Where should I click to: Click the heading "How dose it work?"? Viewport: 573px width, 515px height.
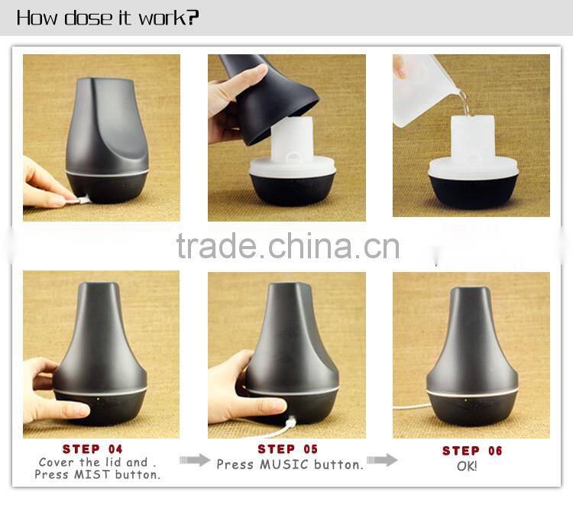(x=107, y=18)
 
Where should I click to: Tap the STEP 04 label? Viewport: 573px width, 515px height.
(x=92, y=449)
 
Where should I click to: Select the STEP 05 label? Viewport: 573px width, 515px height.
(x=287, y=449)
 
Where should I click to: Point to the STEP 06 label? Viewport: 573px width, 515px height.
(x=472, y=451)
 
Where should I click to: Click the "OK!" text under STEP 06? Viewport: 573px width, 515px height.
(x=467, y=465)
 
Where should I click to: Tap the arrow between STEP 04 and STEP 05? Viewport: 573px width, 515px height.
(x=194, y=460)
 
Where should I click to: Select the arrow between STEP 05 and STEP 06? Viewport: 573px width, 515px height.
(x=381, y=460)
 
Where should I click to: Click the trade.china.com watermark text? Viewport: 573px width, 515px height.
(x=287, y=246)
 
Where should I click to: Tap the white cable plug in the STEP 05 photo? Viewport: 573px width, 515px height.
(x=293, y=419)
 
